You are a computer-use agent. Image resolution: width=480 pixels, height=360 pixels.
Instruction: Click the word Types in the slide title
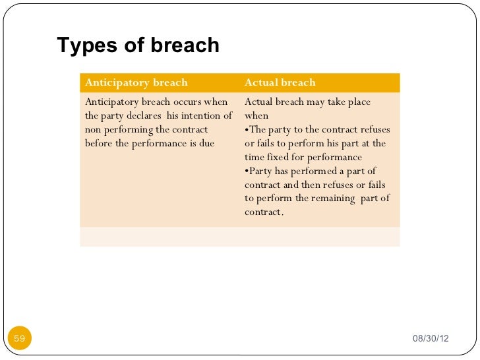pos(82,45)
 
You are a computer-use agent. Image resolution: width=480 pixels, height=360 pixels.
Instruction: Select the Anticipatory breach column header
pos(136,82)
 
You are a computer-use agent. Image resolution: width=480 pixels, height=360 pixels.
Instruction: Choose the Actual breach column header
pos(280,82)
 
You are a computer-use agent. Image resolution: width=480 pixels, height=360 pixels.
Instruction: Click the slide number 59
pos(19,339)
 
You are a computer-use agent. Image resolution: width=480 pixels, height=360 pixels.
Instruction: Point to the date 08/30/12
pos(430,339)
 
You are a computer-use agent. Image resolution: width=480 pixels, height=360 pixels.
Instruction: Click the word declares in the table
pos(139,116)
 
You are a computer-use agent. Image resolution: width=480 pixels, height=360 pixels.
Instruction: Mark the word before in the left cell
pos(99,144)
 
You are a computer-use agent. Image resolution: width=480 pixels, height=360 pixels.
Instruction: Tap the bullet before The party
pos(247,130)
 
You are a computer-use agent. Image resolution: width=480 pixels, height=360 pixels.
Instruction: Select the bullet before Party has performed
pos(247,171)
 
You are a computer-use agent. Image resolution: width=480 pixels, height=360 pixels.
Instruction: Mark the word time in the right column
pos(256,158)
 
